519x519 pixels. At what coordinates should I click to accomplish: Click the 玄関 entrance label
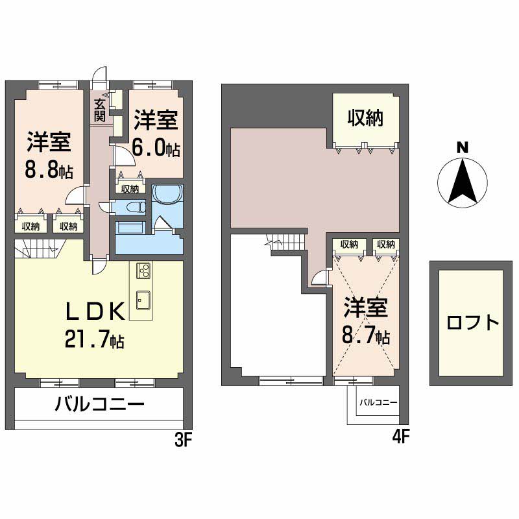100,110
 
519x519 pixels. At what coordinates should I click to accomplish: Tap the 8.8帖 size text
49,171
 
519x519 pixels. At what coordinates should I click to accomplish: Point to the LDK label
95,311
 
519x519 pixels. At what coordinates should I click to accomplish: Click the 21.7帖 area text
95,339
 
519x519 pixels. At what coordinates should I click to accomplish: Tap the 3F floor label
184,440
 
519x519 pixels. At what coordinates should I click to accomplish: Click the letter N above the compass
463,148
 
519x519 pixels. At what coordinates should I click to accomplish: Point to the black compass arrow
463,181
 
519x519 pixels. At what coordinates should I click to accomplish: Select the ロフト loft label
472,322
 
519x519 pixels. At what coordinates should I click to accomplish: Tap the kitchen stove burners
144,270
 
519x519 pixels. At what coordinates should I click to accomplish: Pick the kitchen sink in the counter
143,300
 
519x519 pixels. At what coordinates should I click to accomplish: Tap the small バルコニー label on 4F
378,402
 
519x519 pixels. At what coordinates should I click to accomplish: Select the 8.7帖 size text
366,335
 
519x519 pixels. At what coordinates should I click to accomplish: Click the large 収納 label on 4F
365,117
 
